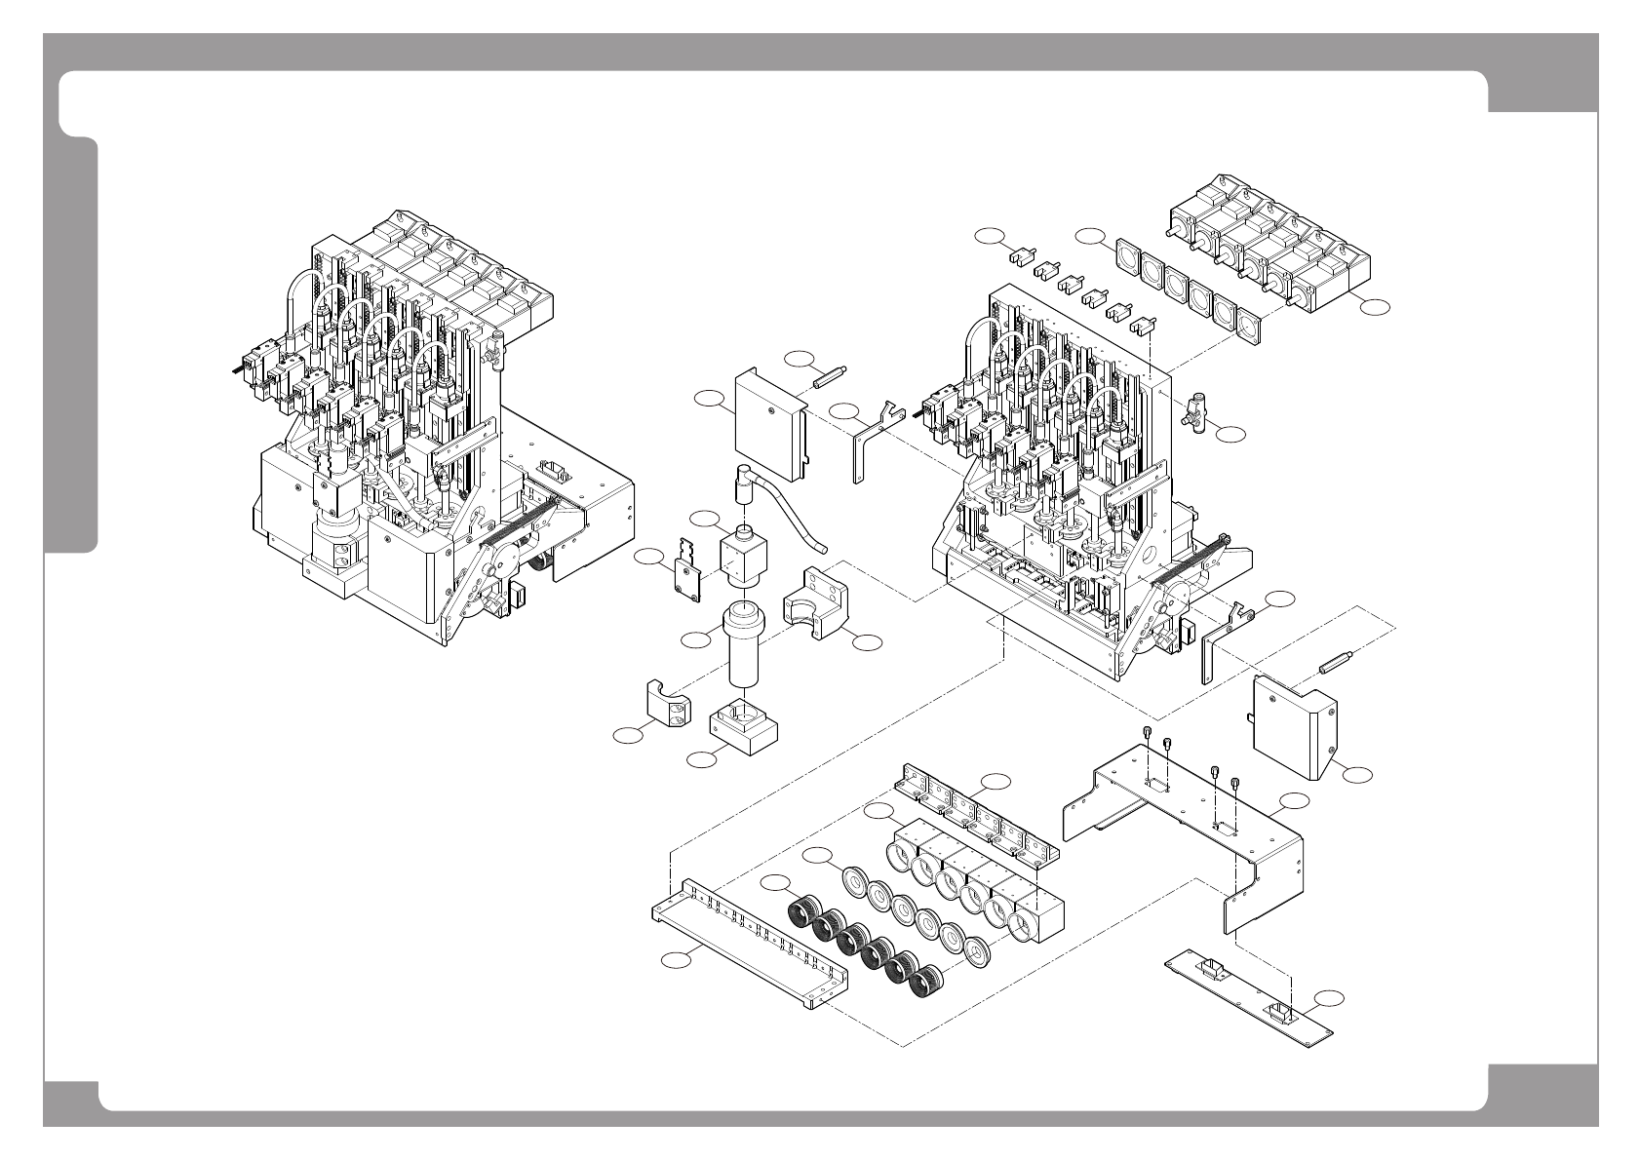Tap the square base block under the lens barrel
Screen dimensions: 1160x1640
pos(742,728)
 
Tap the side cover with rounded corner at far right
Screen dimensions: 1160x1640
pos(1294,725)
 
